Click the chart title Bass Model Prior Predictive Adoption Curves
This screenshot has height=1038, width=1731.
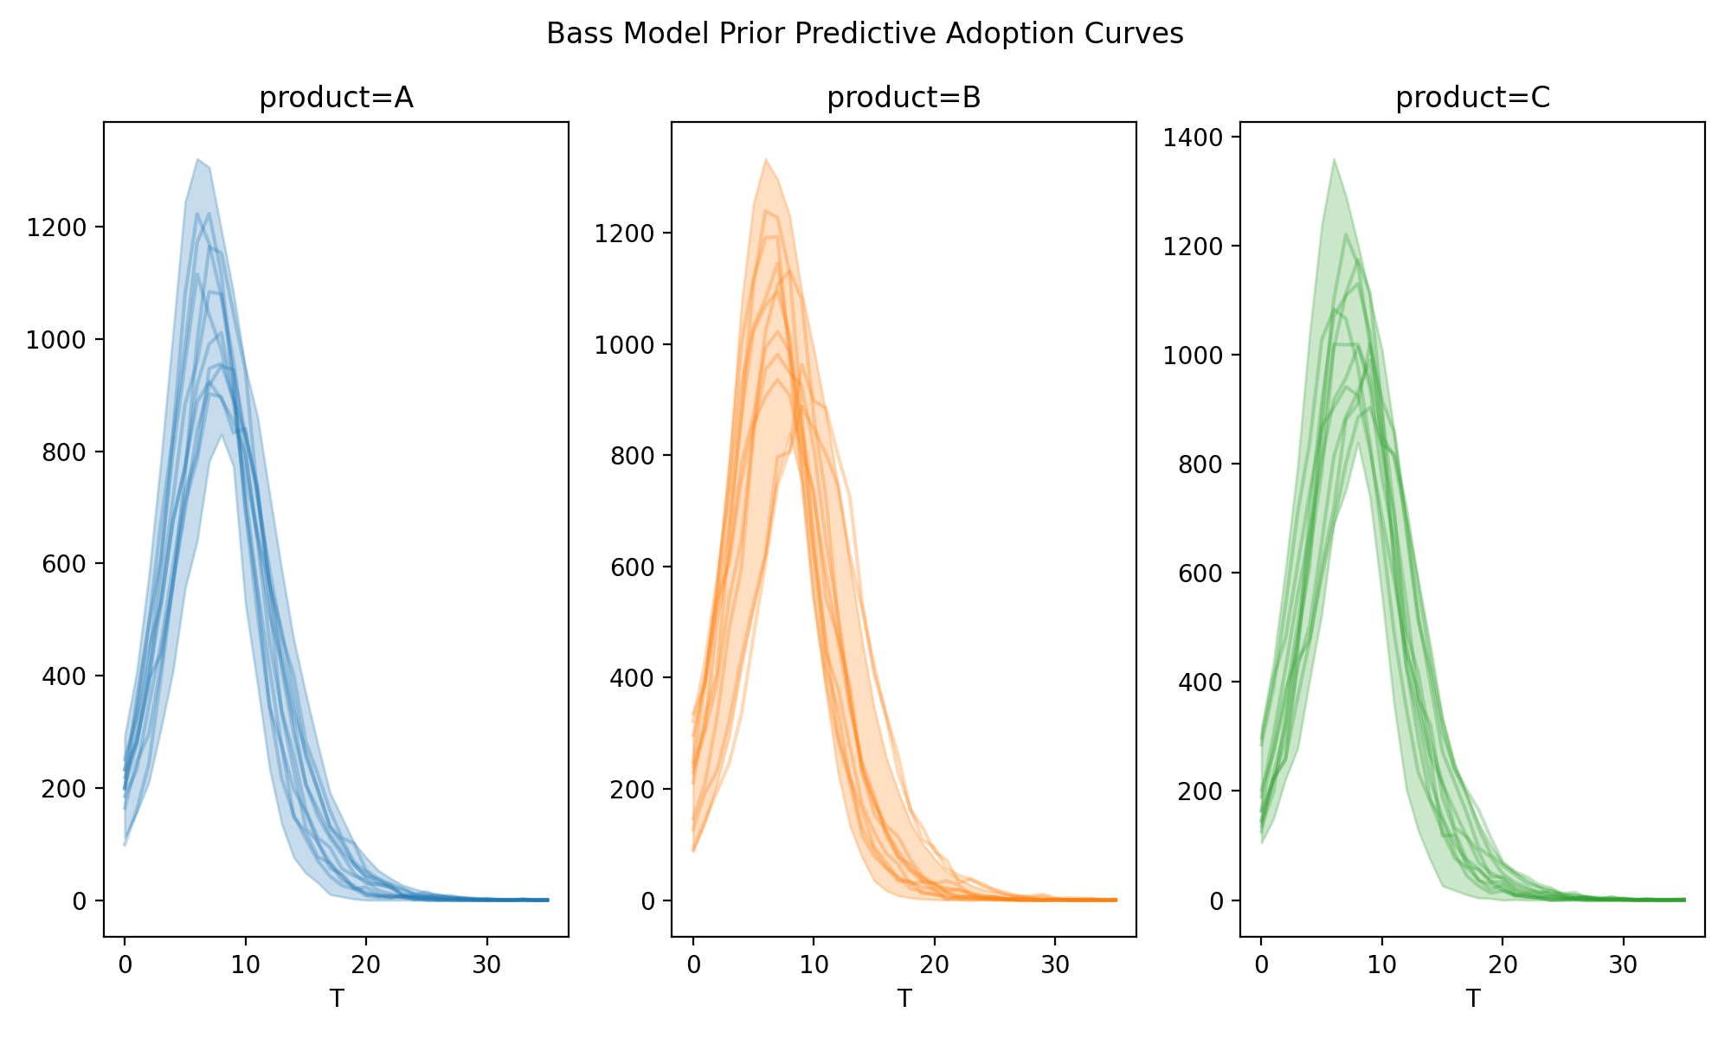click(x=865, y=34)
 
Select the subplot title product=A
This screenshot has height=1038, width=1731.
click(x=336, y=99)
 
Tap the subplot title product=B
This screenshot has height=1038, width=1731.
click(x=904, y=99)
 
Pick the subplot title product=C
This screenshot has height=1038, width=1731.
click(x=1472, y=99)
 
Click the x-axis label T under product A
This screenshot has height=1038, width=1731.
click(x=336, y=999)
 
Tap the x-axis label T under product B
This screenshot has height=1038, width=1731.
click(x=904, y=999)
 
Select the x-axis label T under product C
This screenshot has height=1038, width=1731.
click(x=1472, y=999)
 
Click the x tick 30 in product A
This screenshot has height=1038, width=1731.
click(x=487, y=964)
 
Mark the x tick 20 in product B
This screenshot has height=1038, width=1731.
click(x=935, y=964)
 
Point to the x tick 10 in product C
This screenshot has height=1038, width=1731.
click(x=1382, y=964)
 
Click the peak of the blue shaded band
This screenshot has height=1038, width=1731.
click(x=197, y=160)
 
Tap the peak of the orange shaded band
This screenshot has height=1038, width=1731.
click(x=766, y=160)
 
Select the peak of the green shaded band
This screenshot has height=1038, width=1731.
click(x=1334, y=160)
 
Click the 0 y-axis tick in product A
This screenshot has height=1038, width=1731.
click(x=80, y=901)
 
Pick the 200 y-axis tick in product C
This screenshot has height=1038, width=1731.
click(x=1203, y=791)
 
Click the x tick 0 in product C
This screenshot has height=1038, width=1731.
click(x=1262, y=964)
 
